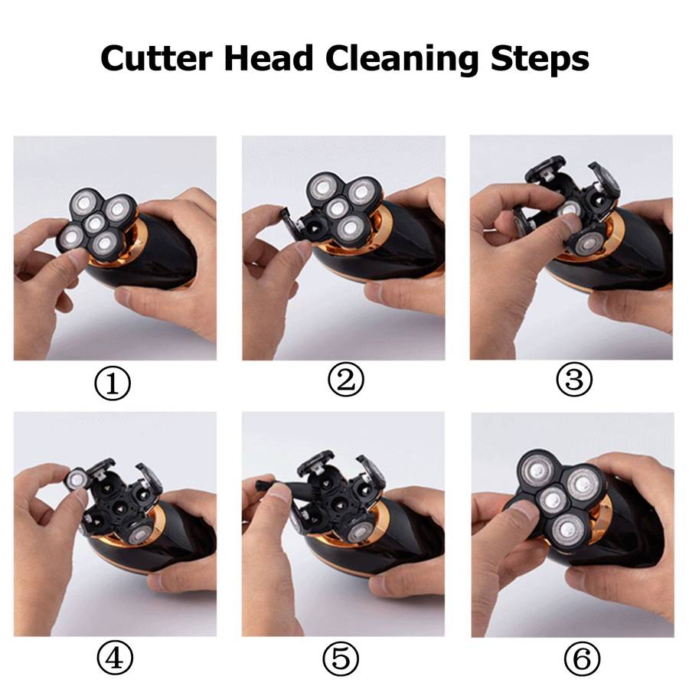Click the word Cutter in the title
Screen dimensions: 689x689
[x=156, y=58]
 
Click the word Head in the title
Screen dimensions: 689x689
[x=269, y=58]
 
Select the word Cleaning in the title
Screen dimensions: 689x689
[x=401, y=60]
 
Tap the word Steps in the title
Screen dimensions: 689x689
[x=540, y=60]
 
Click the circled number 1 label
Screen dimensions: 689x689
[x=113, y=384]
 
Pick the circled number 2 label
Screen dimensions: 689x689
[x=346, y=379]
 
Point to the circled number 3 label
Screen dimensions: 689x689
[x=574, y=379]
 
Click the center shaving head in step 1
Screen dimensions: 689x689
[x=95, y=224]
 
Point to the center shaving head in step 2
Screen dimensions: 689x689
[x=338, y=207]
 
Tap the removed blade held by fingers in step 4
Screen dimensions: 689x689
[x=77, y=478]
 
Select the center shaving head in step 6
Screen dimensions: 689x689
[x=553, y=500]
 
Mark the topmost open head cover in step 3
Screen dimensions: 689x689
[x=544, y=168]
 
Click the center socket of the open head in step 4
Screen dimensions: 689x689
[x=119, y=509]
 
